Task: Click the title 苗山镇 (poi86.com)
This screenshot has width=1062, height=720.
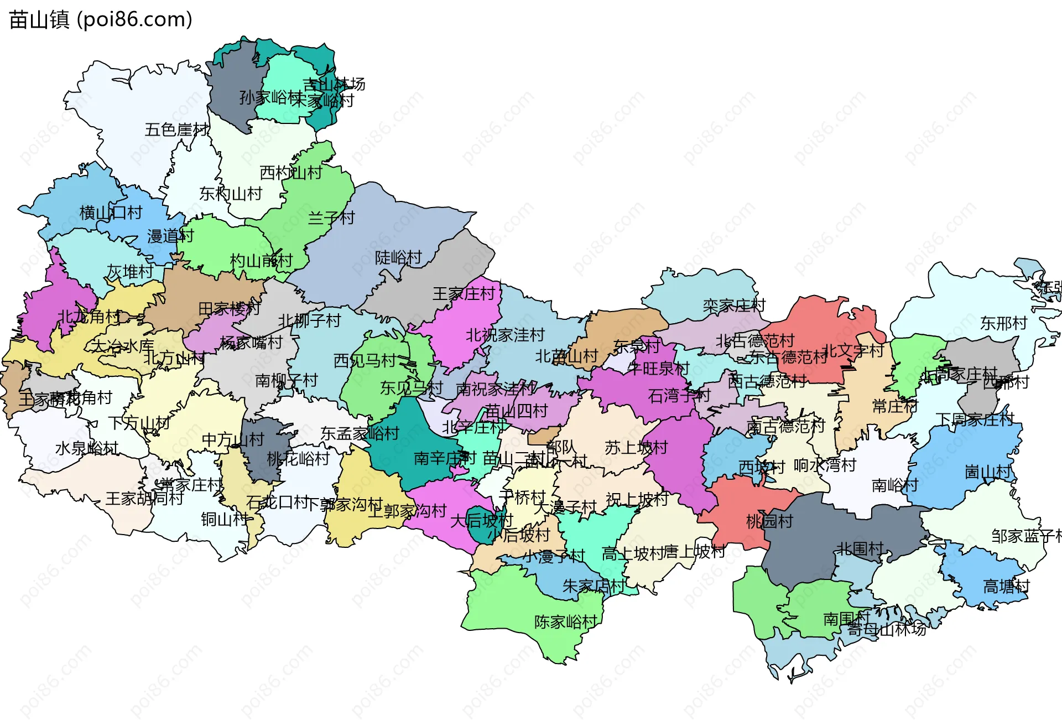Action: [x=100, y=19]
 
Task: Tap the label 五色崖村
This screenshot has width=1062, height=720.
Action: [x=177, y=130]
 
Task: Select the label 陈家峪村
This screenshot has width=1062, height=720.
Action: [x=566, y=621]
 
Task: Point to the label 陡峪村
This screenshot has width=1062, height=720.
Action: [x=398, y=257]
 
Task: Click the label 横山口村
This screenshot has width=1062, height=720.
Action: [x=111, y=213]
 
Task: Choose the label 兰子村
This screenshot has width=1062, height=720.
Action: [x=331, y=217]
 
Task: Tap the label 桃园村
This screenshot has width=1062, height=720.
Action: [x=769, y=521]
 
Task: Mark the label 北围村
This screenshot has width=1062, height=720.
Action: [x=860, y=548]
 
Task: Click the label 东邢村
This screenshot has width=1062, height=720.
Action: [x=1003, y=323]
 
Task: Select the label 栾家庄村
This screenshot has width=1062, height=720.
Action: [x=734, y=305]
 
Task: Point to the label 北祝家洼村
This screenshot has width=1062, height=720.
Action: [x=505, y=335]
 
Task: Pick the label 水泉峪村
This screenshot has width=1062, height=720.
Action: [x=87, y=448]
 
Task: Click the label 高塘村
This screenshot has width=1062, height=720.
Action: [x=1006, y=586]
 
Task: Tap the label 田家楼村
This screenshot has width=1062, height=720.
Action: [x=229, y=308]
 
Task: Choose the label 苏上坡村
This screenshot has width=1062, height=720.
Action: [x=636, y=447]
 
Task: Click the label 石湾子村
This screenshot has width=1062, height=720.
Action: [x=679, y=396]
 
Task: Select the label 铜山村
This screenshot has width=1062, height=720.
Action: [x=225, y=519]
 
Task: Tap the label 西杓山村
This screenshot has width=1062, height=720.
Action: [x=291, y=173]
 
